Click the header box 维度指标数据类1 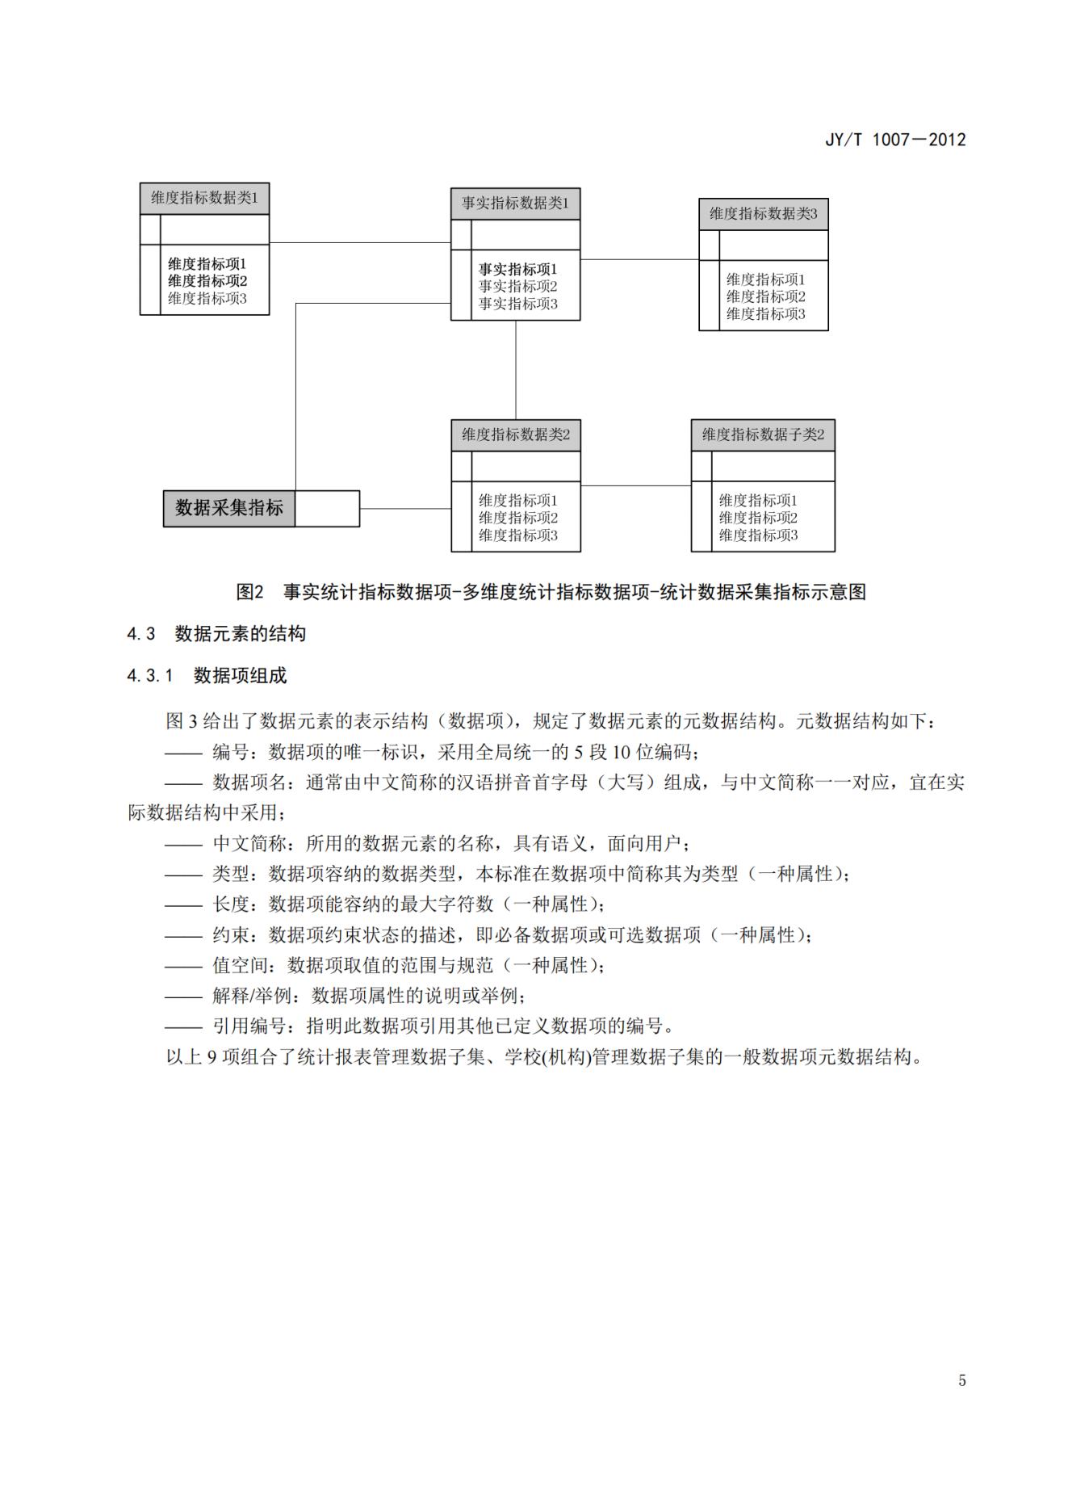(x=204, y=199)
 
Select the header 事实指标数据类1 (x=515, y=204)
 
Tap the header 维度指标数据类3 (x=763, y=214)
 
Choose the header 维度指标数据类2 (x=515, y=435)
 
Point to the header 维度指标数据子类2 (x=763, y=435)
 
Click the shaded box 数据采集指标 (x=229, y=508)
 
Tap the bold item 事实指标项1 (x=517, y=269)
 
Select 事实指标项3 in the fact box (x=517, y=304)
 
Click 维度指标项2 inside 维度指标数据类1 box (x=207, y=281)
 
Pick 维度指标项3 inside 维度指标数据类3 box (x=765, y=314)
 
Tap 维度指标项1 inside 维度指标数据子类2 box (x=758, y=501)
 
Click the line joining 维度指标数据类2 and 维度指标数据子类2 (x=635, y=485)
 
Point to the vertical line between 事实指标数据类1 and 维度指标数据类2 (x=516, y=369)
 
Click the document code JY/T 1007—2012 (x=894, y=140)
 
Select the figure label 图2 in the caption (x=249, y=592)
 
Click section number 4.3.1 (x=150, y=676)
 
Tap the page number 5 (x=961, y=1380)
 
